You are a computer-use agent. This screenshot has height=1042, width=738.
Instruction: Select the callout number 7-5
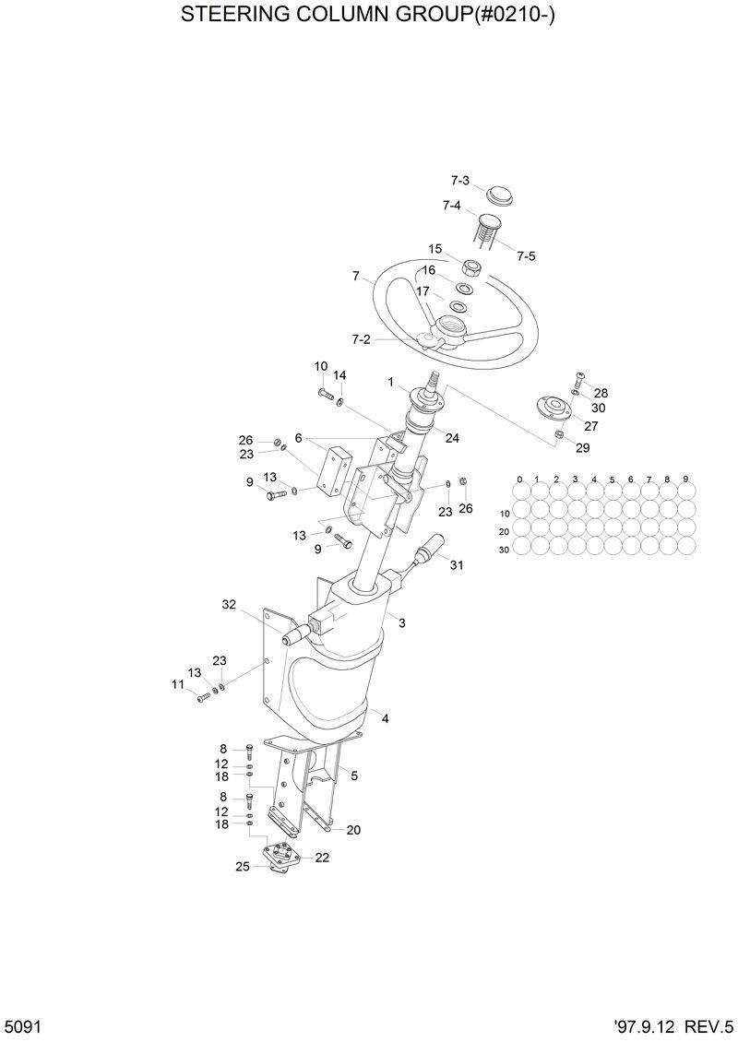tap(526, 255)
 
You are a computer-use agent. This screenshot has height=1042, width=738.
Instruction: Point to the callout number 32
tap(230, 605)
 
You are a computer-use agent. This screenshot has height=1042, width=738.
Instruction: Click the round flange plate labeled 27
tap(553, 408)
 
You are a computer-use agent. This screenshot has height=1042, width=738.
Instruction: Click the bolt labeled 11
tap(203, 698)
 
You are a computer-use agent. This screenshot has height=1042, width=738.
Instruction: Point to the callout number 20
tap(353, 830)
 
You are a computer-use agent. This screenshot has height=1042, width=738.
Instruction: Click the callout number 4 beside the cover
tap(386, 718)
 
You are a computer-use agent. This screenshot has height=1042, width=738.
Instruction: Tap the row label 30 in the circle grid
tap(504, 550)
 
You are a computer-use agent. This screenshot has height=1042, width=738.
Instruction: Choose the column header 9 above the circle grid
tap(686, 480)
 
